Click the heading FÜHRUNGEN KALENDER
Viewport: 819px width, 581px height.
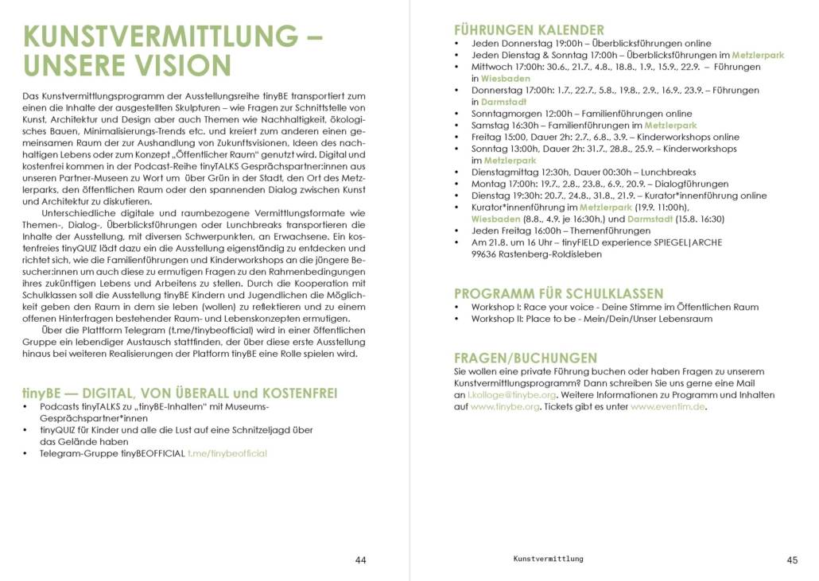529,30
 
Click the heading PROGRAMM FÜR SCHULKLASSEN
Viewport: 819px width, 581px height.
558,293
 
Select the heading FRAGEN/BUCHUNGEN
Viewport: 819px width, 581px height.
525,358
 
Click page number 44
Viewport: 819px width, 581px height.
360,560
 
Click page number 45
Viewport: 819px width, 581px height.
792,560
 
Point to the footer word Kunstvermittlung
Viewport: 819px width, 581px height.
548,559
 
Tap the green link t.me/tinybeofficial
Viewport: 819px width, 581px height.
227,453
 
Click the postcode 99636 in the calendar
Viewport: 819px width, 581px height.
487,254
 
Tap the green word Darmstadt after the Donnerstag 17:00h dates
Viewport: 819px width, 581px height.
504,102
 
